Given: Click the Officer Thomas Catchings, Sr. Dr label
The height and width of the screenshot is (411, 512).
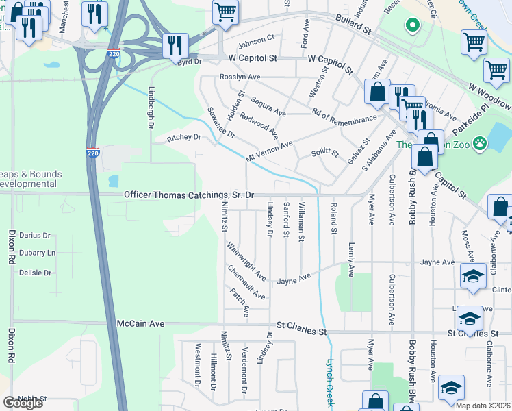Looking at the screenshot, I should click(x=189, y=195).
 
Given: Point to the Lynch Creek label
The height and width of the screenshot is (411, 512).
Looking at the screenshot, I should click(x=330, y=384).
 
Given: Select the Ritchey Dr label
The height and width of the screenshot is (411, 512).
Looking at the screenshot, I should click(x=183, y=138).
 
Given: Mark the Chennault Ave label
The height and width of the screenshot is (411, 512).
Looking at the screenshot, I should click(x=246, y=282).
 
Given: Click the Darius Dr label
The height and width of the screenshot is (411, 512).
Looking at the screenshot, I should click(x=35, y=235).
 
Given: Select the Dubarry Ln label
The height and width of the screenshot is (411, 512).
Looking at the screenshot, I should click(x=37, y=253).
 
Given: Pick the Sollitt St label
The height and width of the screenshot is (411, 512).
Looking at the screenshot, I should click(x=325, y=152).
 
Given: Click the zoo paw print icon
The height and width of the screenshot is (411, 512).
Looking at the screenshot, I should click(x=483, y=145).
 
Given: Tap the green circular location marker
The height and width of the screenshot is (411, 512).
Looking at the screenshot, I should click(x=412, y=26).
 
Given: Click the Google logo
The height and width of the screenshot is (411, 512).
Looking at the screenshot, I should click(x=23, y=403).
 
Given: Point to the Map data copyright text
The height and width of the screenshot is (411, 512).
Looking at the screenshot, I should click(x=483, y=406).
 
